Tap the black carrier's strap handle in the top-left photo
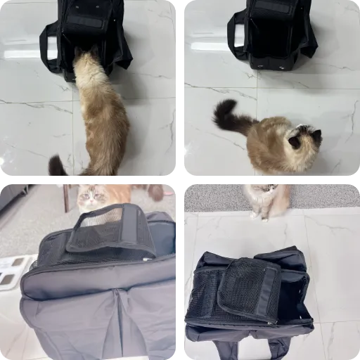click(46, 49)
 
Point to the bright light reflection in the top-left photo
click(21, 53)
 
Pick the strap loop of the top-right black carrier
click(234, 39)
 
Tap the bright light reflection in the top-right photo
click(209, 46)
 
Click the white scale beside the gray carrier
click(13, 270)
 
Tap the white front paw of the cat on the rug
click(264, 215)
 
